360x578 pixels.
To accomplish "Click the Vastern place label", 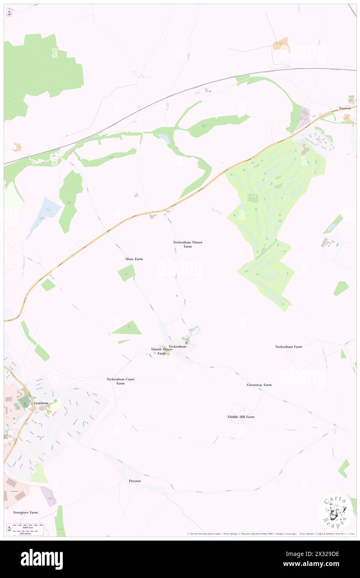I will [x=345, y=108].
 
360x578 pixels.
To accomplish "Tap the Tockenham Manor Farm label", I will [x=188, y=244].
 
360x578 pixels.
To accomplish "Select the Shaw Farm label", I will [x=134, y=259].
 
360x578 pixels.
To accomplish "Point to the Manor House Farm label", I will [x=161, y=351].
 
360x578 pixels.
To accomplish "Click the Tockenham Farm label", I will [x=288, y=346].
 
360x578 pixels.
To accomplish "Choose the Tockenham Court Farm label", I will [x=120, y=381].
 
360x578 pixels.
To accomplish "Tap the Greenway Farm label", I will [x=259, y=385].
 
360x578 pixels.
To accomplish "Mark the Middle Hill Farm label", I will [x=241, y=417].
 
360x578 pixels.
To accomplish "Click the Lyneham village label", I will [x=42, y=403].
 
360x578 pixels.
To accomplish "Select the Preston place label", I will [x=135, y=481].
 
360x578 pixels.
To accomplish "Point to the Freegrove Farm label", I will [x=25, y=512].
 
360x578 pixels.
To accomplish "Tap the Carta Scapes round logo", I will [x=335, y=511].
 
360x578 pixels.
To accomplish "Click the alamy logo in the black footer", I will [x=42, y=559].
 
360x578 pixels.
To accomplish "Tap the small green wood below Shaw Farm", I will [x=126, y=273].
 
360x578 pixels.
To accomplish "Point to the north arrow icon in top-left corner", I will [x=9, y=13].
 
